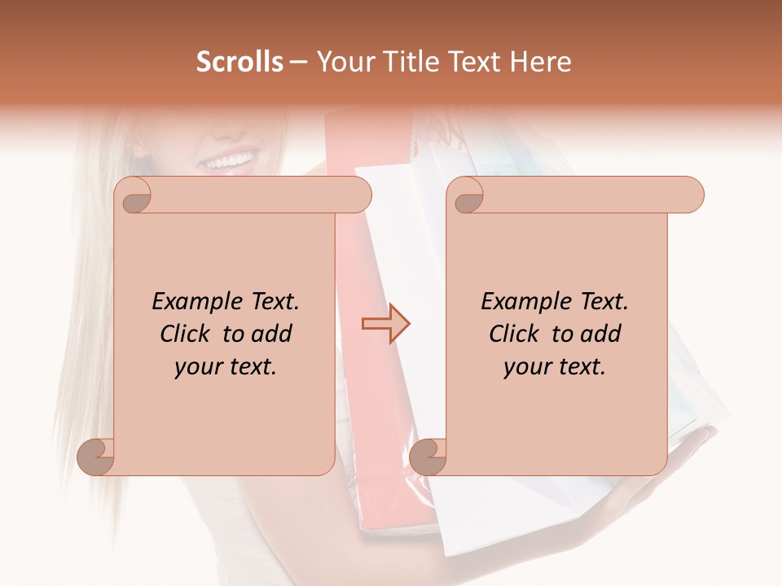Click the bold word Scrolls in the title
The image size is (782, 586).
(240, 62)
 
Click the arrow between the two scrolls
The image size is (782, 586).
(385, 324)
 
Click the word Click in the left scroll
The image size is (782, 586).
(187, 335)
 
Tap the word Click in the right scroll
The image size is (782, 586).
(516, 335)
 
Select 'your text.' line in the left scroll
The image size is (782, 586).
(226, 367)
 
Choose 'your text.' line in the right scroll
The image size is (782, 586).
(555, 367)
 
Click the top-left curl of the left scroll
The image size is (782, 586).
(135, 196)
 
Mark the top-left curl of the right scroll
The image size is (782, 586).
(468, 196)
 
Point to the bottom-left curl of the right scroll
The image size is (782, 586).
(428, 457)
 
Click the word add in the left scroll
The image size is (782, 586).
(270, 335)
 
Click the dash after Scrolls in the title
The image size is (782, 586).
(297, 62)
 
